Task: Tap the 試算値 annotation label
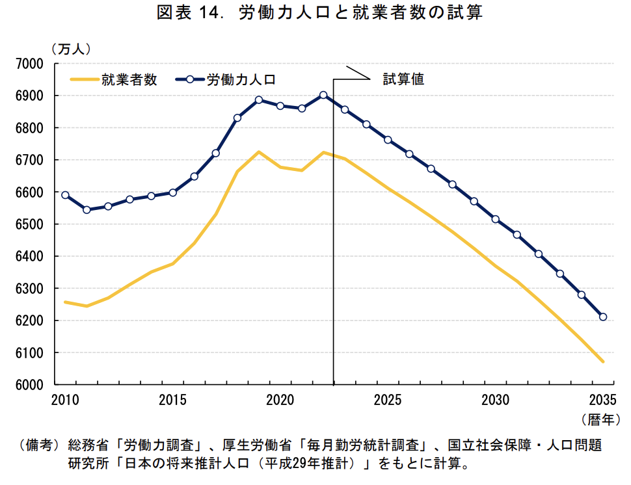[x=403, y=79]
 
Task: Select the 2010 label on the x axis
[x=65, y=399]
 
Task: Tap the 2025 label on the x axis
[x=388, y=399]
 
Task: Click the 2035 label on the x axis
[x=602, y=399]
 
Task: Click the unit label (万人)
[x=71, y=48]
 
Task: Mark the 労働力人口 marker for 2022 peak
[x=323, y=95]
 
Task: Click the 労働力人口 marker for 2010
[x=65, y=195]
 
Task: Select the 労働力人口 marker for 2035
[x=603, y=317]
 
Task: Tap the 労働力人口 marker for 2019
[x=259, y=100]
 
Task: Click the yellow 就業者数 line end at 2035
[x=603, y=361]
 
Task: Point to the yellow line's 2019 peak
[x=259, y=152]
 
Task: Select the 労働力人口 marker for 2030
[x=496, y=219]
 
